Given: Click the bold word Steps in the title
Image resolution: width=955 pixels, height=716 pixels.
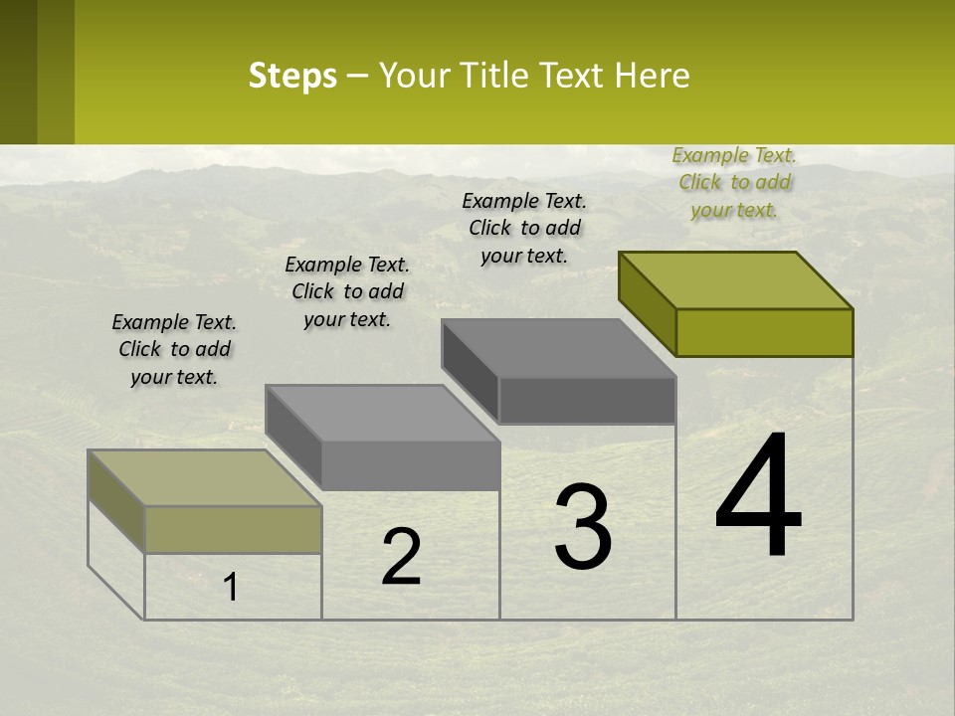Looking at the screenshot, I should (x=292, y=76).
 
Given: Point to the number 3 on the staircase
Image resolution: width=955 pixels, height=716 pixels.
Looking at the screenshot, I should (x=583, y=527).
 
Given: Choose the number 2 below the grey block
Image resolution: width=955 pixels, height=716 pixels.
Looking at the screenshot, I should (x=401, y=557).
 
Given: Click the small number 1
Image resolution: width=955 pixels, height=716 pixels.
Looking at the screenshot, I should (x=231, y=587).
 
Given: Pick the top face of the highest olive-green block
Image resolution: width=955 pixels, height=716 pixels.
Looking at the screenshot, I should (x=736, y=279).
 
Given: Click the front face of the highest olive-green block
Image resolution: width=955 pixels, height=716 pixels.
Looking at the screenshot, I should (x=764, y=332).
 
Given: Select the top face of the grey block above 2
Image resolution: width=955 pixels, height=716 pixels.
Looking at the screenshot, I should (x=383, y=413).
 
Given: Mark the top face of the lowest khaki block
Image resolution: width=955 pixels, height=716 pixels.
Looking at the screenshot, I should (x=205, y=477).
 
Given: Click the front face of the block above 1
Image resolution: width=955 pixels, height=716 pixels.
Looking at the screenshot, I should (x=233, y=529).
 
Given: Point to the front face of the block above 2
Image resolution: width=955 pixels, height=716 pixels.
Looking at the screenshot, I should (x=410, y=465).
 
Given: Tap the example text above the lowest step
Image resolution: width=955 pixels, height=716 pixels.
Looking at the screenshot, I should (x=174, y=349).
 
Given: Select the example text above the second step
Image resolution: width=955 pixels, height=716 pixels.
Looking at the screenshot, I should (x=347, y=291).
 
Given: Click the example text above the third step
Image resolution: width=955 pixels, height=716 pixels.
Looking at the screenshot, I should (x=524, y=228).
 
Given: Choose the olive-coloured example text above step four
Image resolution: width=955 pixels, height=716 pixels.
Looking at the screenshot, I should (x=734, y=182).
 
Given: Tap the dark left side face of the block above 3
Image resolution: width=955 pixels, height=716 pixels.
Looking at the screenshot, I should (x=470, y=371).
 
